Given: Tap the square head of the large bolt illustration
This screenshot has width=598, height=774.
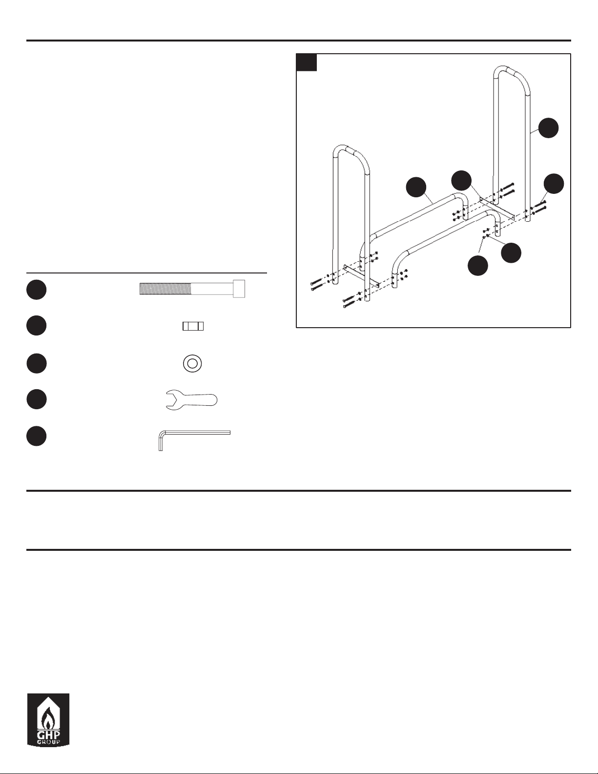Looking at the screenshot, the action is [240, 289].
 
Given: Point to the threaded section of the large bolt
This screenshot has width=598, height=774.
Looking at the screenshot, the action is [165, 289].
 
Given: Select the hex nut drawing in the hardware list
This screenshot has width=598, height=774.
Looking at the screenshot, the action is [193, 326].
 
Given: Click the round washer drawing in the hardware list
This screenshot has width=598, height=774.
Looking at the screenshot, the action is [192, 364].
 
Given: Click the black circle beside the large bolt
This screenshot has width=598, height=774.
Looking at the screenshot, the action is [36, 290].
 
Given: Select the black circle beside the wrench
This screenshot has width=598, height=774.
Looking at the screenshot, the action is [36, 399].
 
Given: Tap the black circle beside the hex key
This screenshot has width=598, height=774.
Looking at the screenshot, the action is [36, 437].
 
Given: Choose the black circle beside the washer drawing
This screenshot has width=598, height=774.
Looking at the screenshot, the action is [36, 363].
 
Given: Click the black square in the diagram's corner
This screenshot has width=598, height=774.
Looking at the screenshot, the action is [307, 63].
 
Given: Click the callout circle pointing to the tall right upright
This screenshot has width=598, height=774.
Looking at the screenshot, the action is [548, 128].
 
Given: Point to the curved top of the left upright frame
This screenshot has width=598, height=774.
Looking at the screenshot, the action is [351, 149].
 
